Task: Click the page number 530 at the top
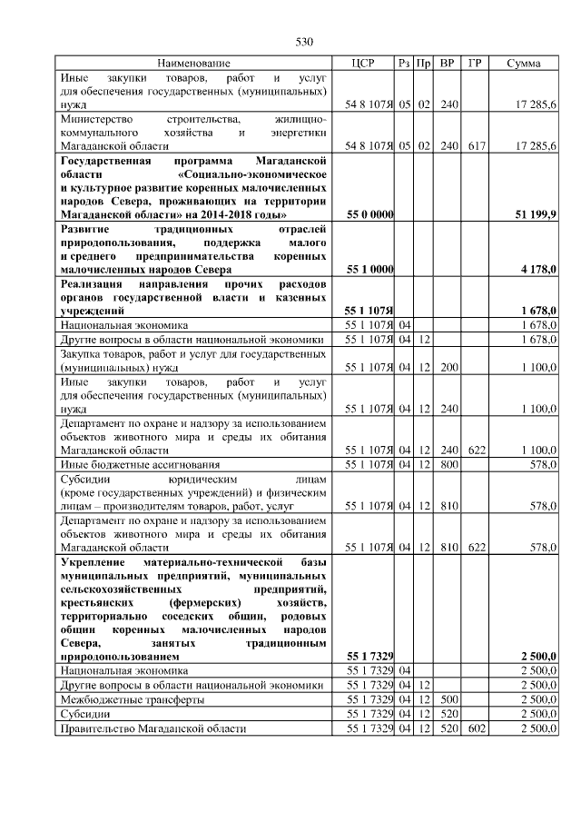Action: (303, 42)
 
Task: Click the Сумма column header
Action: (524, 64)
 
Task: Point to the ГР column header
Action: (474, 64)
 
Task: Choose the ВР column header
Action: (447, 64)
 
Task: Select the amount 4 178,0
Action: (537, 270)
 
